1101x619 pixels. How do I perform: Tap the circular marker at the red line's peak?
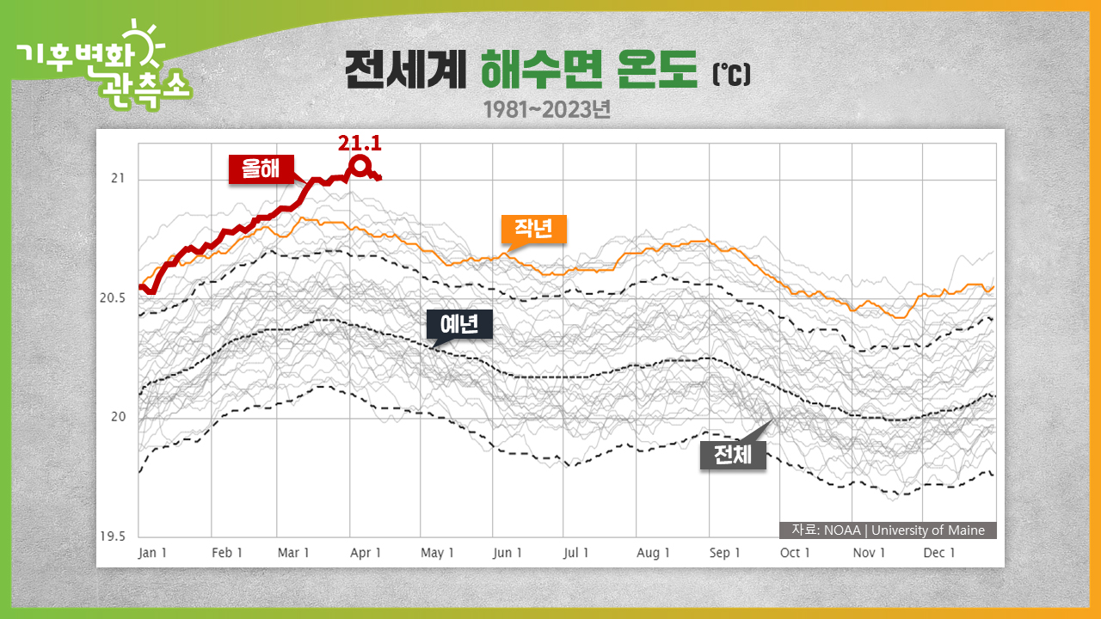coord(360,166)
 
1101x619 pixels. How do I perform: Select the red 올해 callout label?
coord(261,169)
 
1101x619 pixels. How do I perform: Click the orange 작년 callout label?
coord(534,229)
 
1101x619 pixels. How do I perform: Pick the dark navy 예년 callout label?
coord(459,324)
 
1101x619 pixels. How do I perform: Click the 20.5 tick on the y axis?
coord(112,298)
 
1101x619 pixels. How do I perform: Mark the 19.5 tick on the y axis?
coord(112,536)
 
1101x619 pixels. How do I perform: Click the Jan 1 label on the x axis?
coord(152,553)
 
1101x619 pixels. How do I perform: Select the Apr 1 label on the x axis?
coord(366,553)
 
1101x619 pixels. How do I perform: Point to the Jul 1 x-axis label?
coord(576,553)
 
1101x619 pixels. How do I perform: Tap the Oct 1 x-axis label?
coord(795,553)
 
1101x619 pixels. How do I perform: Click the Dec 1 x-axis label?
coord(939,553)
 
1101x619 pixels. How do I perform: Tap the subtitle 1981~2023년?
coord(546,110)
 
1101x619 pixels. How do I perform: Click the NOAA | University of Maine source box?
coord(888,530)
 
